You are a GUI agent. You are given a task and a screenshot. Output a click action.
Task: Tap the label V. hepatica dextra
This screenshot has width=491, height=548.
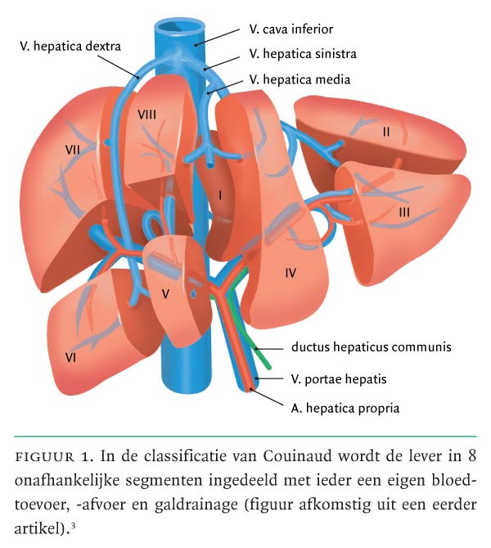point(70,47)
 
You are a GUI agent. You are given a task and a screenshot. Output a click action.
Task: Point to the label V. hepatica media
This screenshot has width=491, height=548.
point(300,79)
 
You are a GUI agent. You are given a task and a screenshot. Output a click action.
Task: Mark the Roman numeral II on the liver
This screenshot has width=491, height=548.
point(385,130)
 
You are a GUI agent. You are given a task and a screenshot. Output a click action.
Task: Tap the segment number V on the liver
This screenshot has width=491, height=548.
point(165,292)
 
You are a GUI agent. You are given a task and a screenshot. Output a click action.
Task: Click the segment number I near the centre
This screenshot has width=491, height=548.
point(219,195)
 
